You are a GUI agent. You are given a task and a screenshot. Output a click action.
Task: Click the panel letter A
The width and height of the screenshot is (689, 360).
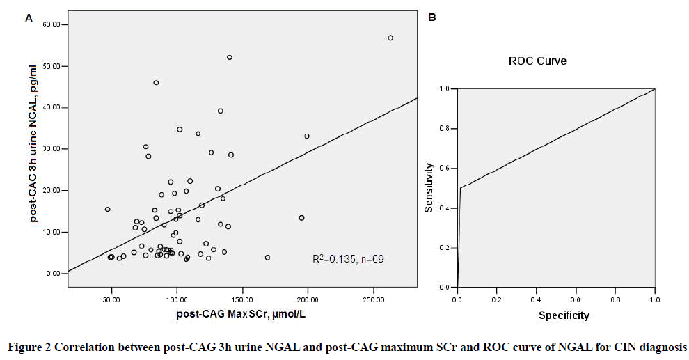pos(29,19)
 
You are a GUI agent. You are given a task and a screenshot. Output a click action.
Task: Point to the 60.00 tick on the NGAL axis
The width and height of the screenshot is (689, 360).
pos(52,25)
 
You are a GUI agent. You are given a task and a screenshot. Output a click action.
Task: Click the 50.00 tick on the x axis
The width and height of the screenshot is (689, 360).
pos(111,299)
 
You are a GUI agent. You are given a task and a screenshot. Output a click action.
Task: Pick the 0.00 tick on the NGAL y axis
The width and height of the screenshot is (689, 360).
pos(54,273)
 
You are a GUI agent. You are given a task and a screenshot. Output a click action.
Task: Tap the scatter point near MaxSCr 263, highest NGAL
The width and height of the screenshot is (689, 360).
pos(390,38)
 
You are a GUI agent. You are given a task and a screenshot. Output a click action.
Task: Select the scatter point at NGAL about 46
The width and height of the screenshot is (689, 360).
pos(156,82)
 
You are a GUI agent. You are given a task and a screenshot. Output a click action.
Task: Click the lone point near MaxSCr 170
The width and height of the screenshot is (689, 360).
pos(267,258)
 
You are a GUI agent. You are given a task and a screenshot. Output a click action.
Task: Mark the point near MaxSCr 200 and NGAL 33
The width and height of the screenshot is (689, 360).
pos(306,136)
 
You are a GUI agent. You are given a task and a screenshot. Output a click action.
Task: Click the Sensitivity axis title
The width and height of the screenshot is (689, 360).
pos(430,187)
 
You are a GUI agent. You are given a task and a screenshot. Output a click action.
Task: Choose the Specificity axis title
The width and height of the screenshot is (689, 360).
pos(564,315)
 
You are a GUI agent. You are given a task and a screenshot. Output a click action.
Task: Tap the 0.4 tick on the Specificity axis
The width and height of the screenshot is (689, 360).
pos(536,299)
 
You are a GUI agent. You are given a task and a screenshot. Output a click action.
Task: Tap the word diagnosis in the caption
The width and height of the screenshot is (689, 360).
pos(662,347)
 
